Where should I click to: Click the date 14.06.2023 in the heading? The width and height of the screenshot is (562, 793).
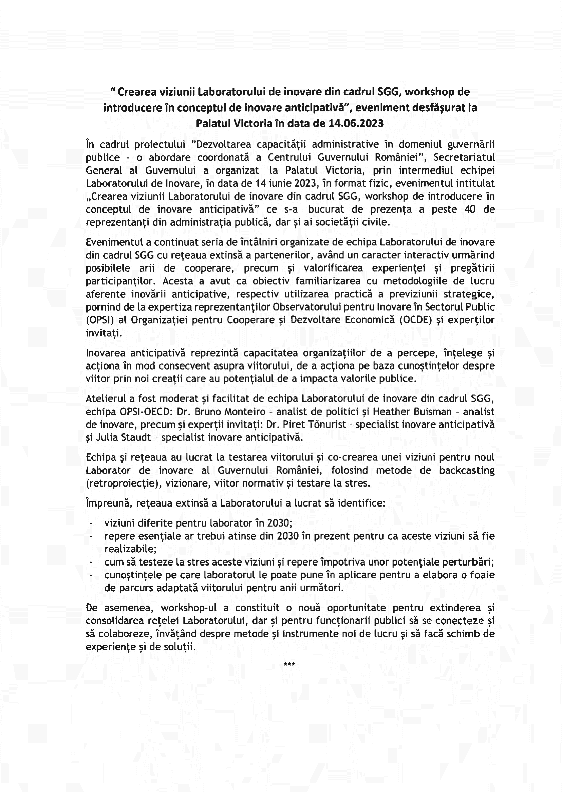(356, 123)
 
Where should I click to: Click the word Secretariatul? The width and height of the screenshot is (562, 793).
(464, 157)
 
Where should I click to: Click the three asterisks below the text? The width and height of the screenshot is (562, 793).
(289, 664)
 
